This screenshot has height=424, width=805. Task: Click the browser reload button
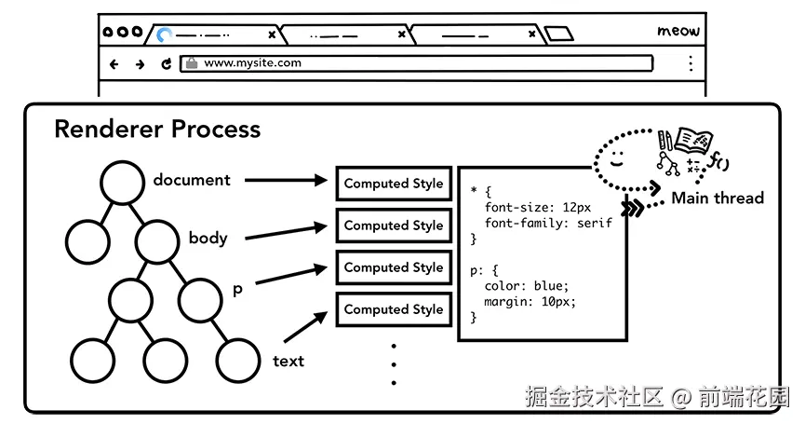coord(167,64)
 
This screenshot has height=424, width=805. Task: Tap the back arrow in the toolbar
coord(114,64)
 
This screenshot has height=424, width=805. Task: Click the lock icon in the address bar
coord(191,63)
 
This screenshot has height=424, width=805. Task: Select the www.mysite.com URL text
coord(252,63)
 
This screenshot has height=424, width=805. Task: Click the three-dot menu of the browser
coord(691,63)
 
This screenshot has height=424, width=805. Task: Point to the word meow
coord(678,31)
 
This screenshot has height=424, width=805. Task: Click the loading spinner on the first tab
coord(165,35)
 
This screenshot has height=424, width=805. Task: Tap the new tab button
coord(558,34)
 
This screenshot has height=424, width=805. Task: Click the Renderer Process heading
coord(157,129)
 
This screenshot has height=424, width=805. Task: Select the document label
coord(192,180)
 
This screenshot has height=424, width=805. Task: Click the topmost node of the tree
coord(123,182)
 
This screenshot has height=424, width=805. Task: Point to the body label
coord(208,238)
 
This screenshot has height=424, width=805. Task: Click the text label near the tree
coord(288,361)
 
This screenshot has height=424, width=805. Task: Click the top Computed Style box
coord(394,184)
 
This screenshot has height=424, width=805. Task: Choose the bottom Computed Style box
coord(394,309)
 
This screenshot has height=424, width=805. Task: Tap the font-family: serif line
coord(548,224)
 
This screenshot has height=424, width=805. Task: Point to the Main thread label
coord(717,198)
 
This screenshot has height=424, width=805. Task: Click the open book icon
coord(692,140)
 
